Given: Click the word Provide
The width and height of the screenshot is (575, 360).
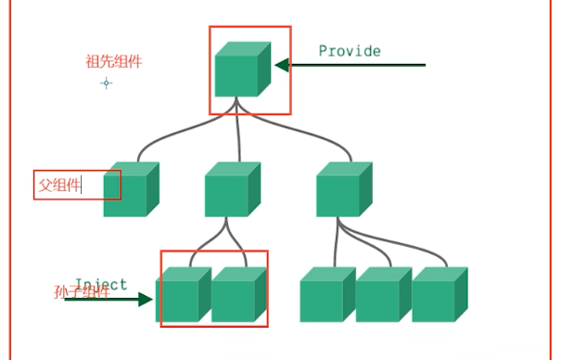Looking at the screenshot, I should coord(350,51).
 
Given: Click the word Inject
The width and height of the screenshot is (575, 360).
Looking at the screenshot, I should coord(100,285).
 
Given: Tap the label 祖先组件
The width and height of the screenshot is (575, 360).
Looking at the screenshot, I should coord(114,61).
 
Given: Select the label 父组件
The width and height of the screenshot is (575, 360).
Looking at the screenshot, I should coord(58,185).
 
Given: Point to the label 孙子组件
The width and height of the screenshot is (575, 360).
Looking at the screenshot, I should coord(82,293).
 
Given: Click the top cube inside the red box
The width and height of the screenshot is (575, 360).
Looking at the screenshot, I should coord(243,70).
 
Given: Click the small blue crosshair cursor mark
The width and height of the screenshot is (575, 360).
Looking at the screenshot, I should coord(107,83).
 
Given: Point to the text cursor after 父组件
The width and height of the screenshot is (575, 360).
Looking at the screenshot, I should coord(82,185).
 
